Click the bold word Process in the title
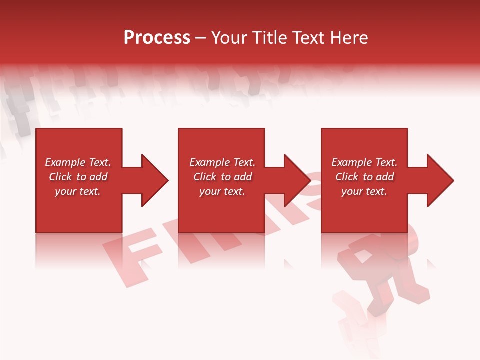[x=157, y=38]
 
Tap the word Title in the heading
[x=269, y=38]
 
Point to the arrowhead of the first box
[x=153, y=180]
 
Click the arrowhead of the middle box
[x=296, y=180]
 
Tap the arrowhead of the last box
[x=439, y=180]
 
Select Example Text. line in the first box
[x=78, y=162]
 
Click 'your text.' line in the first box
[x=78, y=191]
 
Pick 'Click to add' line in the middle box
[x=222, y=177]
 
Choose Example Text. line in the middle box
[x=222, y=162]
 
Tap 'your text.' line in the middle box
[x=222, y=191]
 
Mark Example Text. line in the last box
[x=364, y=162]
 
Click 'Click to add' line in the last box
[x=364, y=177]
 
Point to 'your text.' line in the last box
[x=364, y=191]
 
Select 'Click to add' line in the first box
[x=78, y=177]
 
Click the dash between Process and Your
[x=200, y=38]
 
